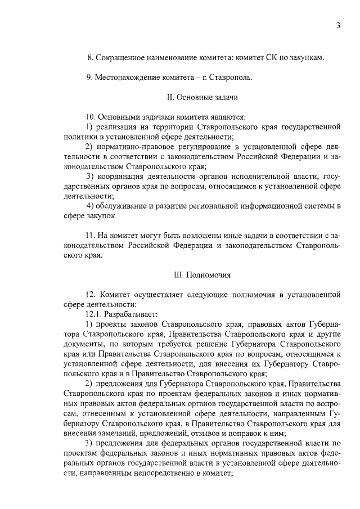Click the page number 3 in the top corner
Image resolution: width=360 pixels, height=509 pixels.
337,26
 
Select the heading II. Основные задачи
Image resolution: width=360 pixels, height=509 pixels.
202,97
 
